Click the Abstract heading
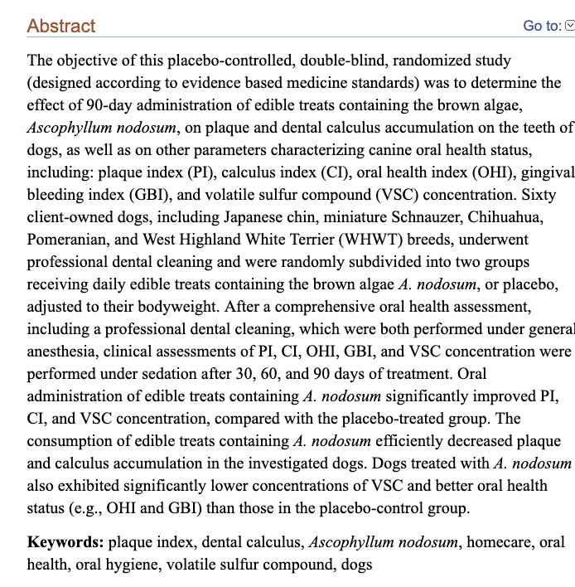61,26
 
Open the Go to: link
542,27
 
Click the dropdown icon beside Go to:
569,27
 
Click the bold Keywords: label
65,543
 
